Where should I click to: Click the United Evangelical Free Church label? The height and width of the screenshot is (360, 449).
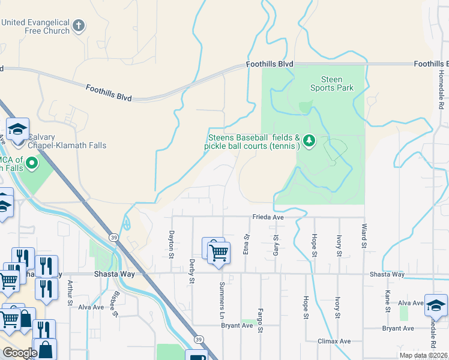tap(35, 26)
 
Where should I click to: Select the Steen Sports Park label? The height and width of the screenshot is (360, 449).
tap(331, 83)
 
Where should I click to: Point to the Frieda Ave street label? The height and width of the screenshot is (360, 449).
tap(267, 218)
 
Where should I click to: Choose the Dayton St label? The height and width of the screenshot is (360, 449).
tap(171, 245)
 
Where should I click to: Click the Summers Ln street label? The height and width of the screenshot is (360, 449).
tap(221, 293)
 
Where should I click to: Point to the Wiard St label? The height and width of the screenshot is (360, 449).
tap(364, 236)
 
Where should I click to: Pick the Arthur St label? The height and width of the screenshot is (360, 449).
tap(70, 293)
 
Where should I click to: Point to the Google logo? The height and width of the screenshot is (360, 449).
tap(20, 353)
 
